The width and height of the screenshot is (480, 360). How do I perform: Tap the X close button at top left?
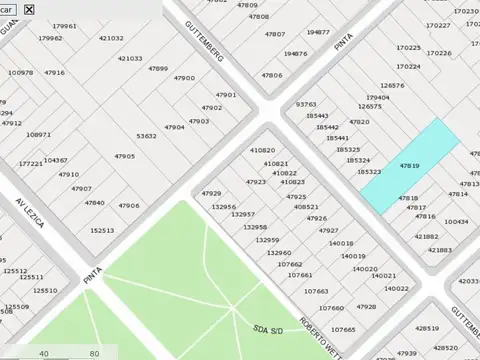point(29,9)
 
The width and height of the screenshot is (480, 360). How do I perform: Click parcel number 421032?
point(111,38)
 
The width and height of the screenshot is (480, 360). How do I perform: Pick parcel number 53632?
point(147,135)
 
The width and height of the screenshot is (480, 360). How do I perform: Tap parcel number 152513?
point(102,230)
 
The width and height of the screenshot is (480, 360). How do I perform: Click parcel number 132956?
point(224,206)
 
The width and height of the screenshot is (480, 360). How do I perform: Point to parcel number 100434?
point(456,221)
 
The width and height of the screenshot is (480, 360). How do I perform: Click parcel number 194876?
point(295,53)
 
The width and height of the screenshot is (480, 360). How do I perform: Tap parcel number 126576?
point(393,86)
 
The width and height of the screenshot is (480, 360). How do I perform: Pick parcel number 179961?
point(65,26)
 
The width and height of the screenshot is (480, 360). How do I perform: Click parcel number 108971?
point(39,134)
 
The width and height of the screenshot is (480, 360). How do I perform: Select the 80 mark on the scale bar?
point(94,353)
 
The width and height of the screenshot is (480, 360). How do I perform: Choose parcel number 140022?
point(397,288)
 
